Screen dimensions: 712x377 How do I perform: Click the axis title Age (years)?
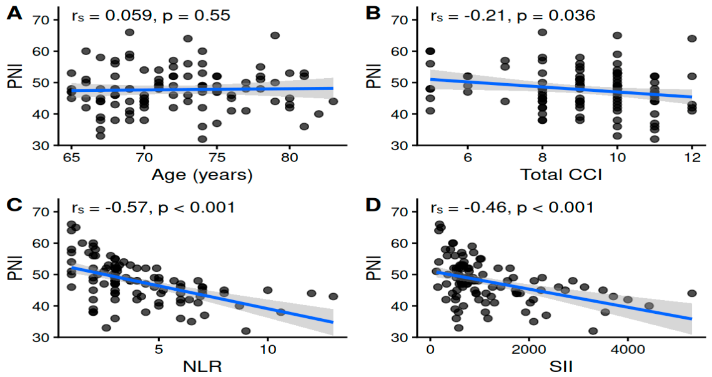pyautogui.click(x=202, y=175)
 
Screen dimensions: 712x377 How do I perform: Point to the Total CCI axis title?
pyautogui.click(x=561, y=174)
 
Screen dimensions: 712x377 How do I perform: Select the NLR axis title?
pyautogui.click(x=202, y=366)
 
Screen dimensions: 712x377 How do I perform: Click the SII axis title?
pyautogui.click(x=561, y=366)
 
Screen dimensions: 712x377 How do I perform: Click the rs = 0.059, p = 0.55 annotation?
pyautogui.click(x=151, y=16)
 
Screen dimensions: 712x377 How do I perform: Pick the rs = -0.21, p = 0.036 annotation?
pyautogui.click(x=513, y=16)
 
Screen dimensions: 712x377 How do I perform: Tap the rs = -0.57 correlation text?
pyautogui.click(x=111, y=208)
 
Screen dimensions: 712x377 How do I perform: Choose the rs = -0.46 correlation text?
pyautogui.click(x=468, y=208)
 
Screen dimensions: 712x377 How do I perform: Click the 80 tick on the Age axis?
pyautogui.click(x=289, y=157)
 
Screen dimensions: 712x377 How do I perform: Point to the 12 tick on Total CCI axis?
pyautogui.click(x=692, y=157)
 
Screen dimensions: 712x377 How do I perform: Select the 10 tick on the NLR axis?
pyautogui.click(x=267, y=349)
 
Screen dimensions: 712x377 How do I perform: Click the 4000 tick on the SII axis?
pyautogui.click(x=628, y=349)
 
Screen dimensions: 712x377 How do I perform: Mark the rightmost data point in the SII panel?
pyautogui.click(x=691, y=293)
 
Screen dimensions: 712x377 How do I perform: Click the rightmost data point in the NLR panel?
pyautogui.click(x=334, y=296)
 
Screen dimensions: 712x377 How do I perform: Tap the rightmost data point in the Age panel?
pyautogui.click(x=334, y=101)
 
